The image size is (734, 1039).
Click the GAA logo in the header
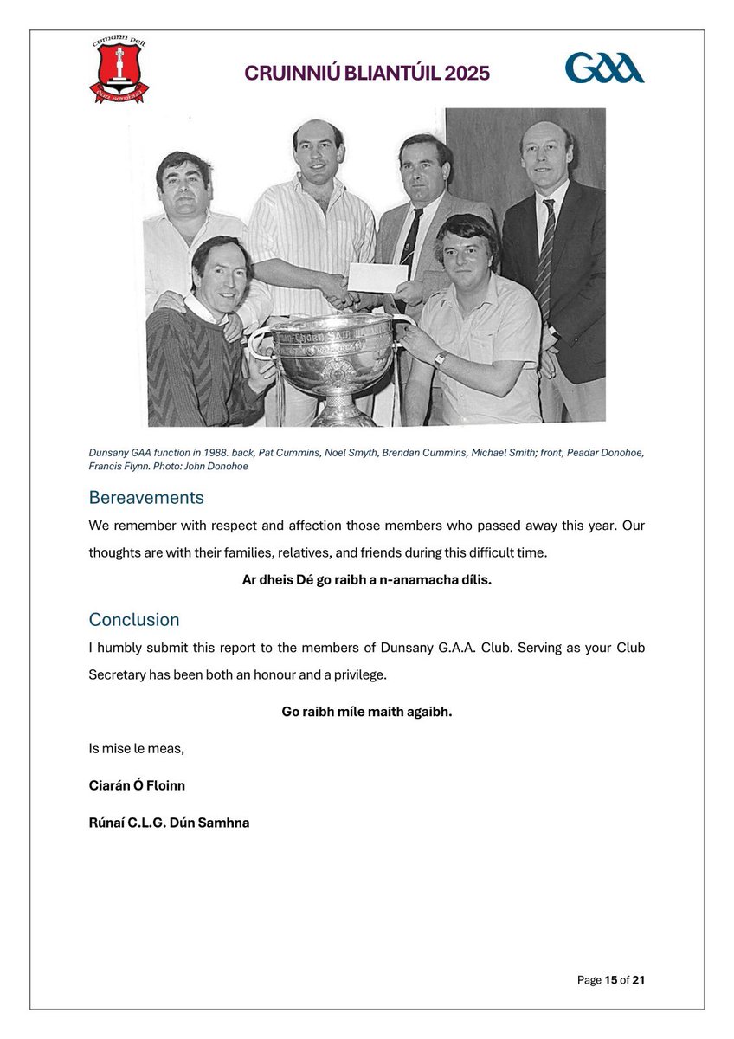[604, 68]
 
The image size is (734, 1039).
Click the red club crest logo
[119, 69]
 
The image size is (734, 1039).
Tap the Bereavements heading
[146, 498]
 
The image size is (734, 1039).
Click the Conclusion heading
[134, 620]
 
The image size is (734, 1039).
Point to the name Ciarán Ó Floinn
[137, 785]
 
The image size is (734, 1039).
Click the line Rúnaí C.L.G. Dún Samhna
[169, 823]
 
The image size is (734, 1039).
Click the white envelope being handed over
[377, 277]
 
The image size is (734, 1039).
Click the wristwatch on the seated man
[440, 358]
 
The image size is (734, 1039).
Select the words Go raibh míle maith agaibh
[367, 712]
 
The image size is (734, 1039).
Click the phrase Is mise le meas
[136, 749]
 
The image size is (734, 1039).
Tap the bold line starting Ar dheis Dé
[367, 580]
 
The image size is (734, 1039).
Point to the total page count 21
[639, 980]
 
